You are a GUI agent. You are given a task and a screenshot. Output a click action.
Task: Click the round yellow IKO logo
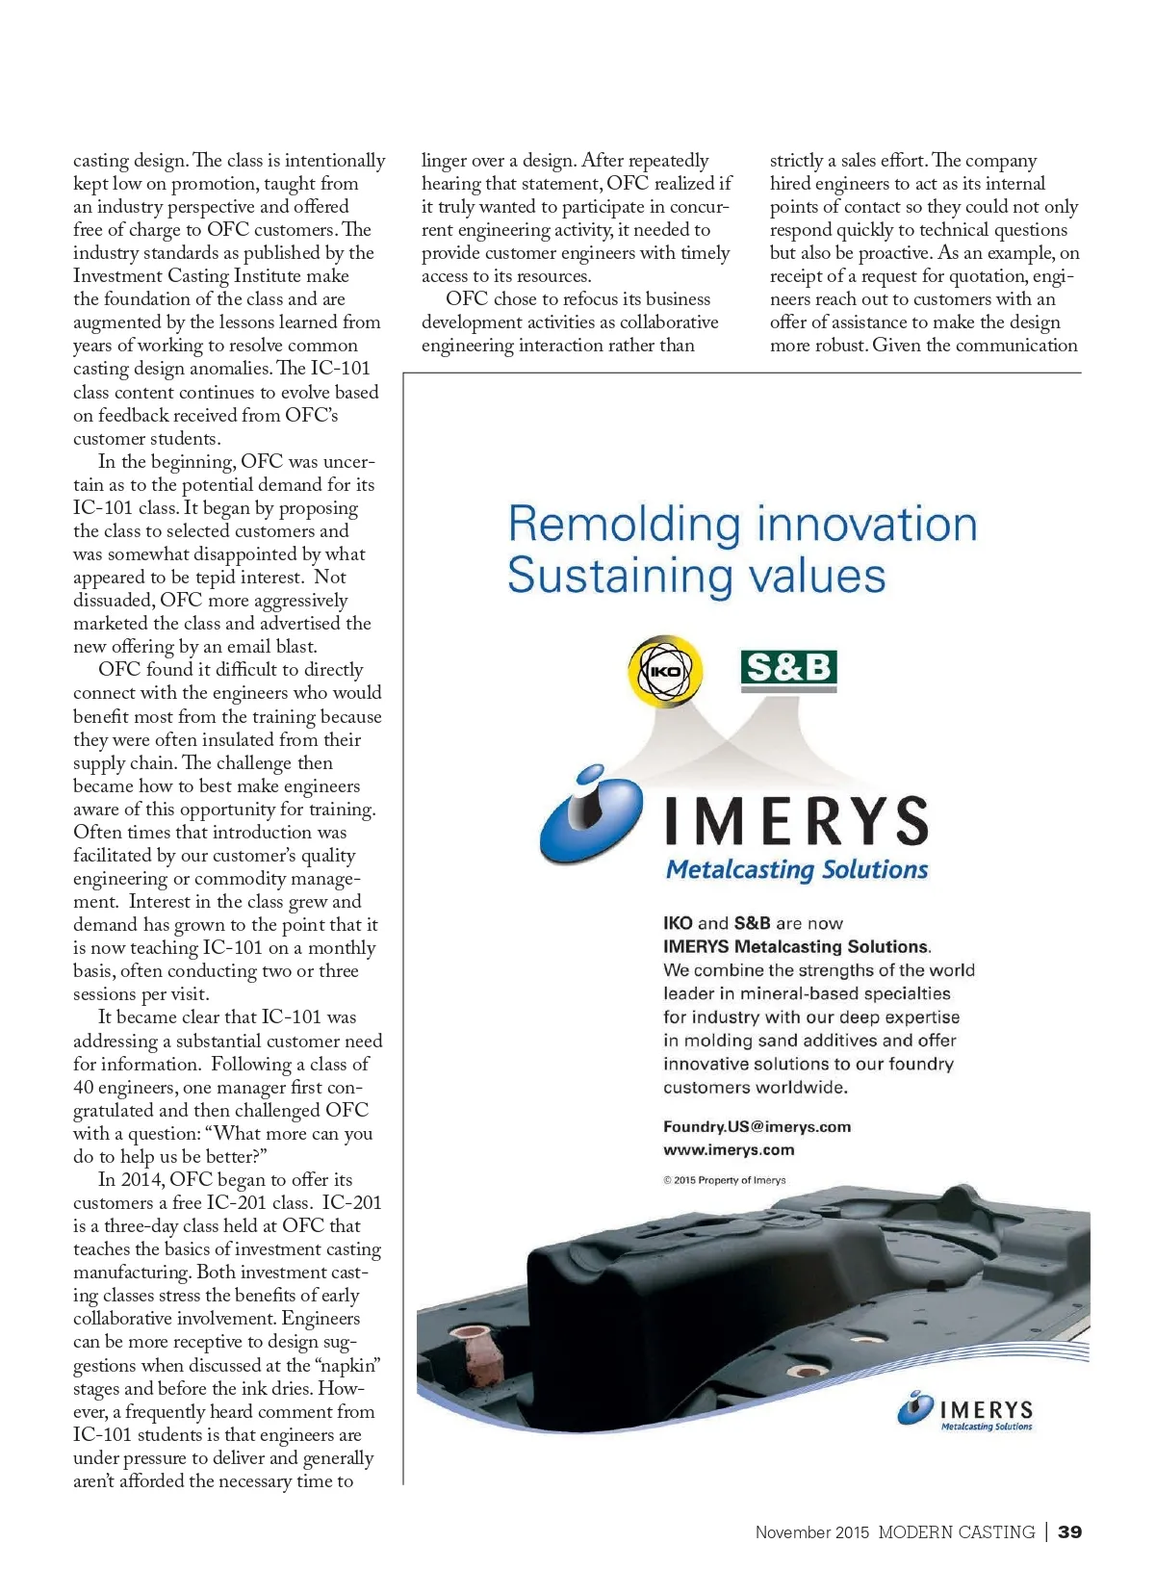point(665,671)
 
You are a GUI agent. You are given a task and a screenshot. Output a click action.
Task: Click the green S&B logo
point(788,668)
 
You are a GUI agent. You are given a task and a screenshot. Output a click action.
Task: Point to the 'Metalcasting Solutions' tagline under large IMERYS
point(797,870)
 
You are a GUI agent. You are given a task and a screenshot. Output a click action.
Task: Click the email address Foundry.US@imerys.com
point(757,1126)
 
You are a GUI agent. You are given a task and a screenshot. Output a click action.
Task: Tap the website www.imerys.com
point(729,1149)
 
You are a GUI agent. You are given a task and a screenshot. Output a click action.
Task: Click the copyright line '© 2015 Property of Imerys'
point(724,1180)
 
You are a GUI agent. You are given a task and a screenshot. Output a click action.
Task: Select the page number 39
point(1069,1531)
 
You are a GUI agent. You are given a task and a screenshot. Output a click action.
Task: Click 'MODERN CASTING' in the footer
point(956,1531)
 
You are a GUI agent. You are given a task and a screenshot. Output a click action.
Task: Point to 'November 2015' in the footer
point(811,1532)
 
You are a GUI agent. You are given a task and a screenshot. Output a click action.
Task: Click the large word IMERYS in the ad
point(797,821)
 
